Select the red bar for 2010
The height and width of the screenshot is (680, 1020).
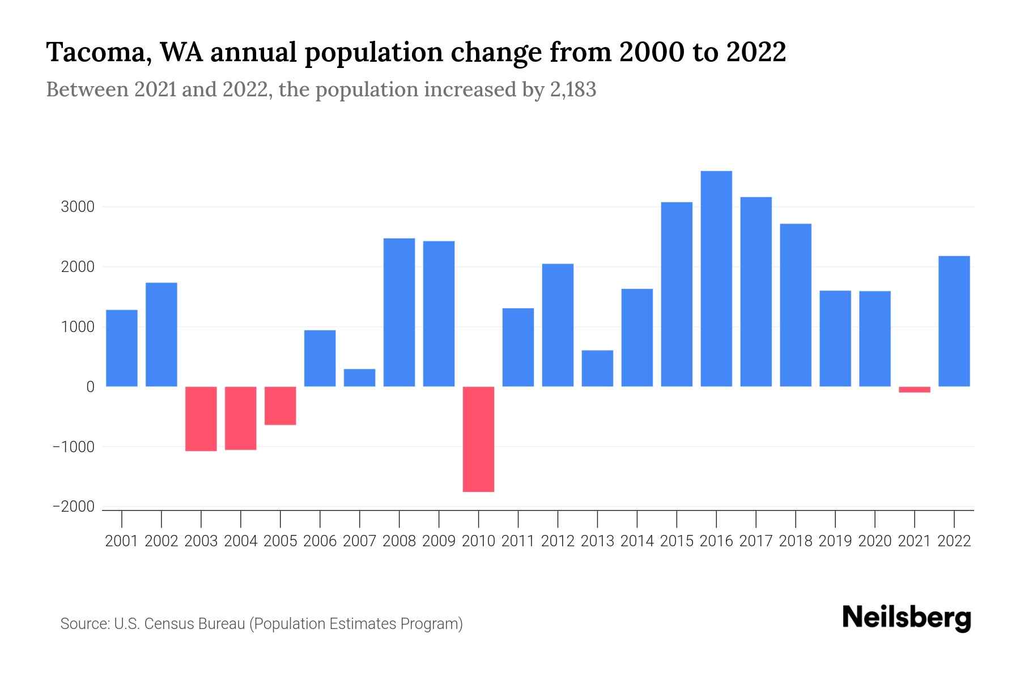point(478,439)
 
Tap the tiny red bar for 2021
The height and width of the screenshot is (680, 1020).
point(914,389)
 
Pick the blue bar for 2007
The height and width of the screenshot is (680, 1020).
point(359,378)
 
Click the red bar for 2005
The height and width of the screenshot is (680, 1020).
point(280,406)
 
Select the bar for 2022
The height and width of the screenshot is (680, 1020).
point(954,321)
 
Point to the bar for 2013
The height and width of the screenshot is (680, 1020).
point(597,368)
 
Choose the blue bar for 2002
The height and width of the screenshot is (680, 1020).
point(161,334)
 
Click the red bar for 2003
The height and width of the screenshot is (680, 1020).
point(201,419)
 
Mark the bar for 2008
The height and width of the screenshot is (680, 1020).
point(399,312)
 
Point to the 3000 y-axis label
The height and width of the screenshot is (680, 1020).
point(78,207)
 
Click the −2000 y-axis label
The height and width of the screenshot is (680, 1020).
point(74,507)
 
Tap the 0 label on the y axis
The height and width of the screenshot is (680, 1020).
point(90,387)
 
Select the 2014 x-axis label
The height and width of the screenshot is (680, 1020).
point(637,541)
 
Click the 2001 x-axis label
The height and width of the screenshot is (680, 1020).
point(122,541)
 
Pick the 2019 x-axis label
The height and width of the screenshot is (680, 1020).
point(835,541)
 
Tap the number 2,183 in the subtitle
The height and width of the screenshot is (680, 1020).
point(573,90)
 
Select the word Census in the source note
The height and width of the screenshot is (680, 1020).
point(172,624)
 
